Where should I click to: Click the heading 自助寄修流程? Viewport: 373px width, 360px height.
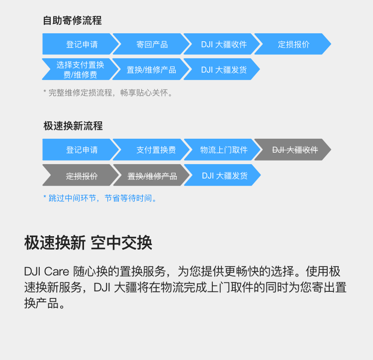coord(72,20)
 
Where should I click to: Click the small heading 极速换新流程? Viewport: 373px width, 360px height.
coord(73,126)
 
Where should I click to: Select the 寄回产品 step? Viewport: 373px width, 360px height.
coord(152,44)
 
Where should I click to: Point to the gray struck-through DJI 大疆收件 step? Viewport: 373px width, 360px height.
coord(293,150)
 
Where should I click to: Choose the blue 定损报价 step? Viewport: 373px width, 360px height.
coord(293,44)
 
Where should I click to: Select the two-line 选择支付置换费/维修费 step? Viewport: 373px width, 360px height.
coord(81,69)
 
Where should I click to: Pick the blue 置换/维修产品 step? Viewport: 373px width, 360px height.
coord(152,69)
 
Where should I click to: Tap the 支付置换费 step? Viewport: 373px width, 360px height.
coord(152,150)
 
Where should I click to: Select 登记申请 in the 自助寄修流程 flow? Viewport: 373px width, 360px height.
coord(81,44)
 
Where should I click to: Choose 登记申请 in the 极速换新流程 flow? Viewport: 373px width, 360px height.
coord(81,150)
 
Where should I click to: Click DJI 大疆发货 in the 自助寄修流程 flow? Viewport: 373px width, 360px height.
coord(222,69)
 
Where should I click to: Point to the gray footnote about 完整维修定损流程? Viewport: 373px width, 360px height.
coord(108,92)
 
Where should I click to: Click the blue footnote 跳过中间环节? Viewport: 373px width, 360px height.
coord(100,198)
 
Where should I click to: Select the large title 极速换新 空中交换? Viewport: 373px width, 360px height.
coord(88,243)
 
